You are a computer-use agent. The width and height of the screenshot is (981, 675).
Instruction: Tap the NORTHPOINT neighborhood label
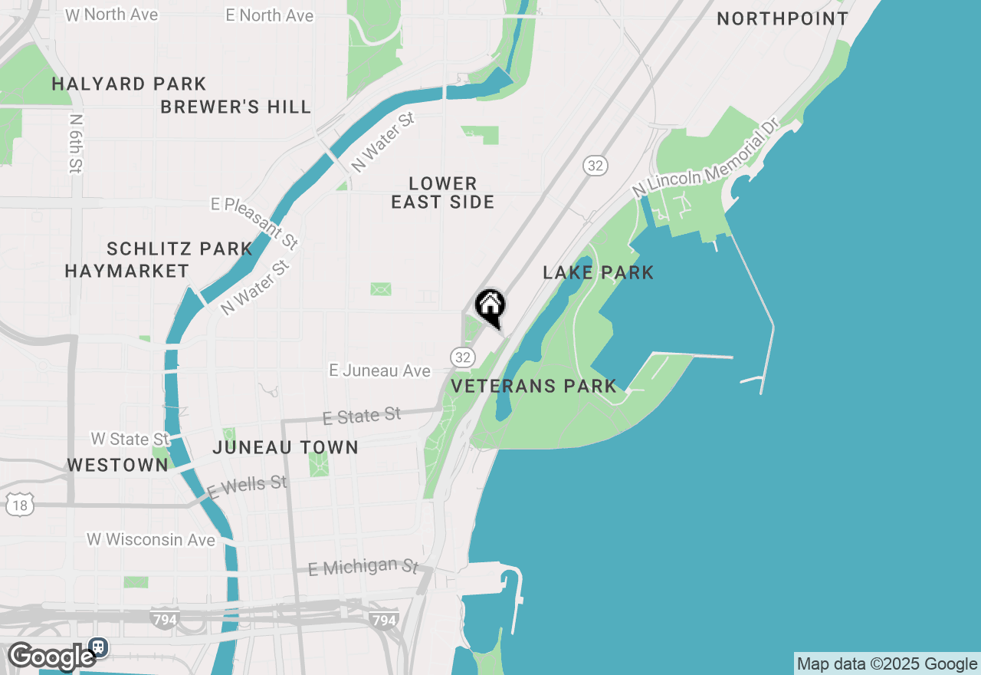(x=783, y=19)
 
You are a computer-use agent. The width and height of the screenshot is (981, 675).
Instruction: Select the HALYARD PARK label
(x=129, y=84)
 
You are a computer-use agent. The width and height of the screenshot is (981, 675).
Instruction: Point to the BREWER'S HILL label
(x=236, y=107)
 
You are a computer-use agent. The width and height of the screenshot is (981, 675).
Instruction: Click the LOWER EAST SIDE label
(x=443, y=193)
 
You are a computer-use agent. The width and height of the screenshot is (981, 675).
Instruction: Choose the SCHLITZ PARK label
(x=179, y=249)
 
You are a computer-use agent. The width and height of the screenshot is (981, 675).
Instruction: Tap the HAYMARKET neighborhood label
(x=126, y=271)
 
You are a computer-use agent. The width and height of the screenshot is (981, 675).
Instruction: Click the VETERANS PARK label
(x=534, y=386)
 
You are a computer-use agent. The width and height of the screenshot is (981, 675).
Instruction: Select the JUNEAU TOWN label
(x=286, y=447)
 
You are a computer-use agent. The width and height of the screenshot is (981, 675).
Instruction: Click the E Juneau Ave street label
(x=379, y=371)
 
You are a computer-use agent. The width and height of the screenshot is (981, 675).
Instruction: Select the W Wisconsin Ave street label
(x=151, y=540)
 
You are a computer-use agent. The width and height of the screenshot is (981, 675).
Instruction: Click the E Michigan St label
(x=363, y=568)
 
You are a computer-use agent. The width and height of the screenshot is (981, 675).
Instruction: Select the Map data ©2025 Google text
(x=887, y=664)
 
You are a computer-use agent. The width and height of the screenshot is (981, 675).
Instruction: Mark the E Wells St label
(x=247, y=486)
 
